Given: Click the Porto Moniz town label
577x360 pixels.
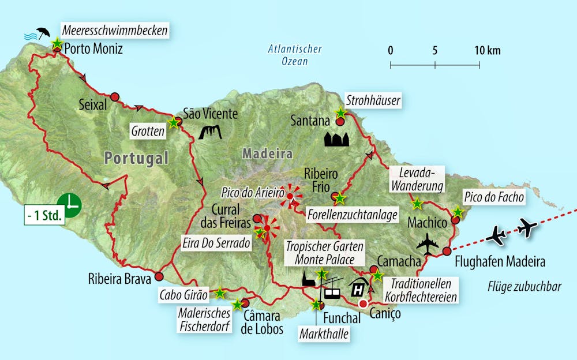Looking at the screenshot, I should tap(94, 48).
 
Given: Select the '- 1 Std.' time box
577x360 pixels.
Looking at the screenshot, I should tap(44, 219).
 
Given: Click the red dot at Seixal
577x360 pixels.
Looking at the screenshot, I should tap(115, 97).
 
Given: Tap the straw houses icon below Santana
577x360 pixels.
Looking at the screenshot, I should tap(337, 139).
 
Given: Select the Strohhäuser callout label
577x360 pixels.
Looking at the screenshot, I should tap(373, 101).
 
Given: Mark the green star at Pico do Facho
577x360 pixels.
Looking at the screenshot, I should tap(457, 212).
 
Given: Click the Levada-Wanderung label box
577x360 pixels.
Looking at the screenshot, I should tap(417, 179).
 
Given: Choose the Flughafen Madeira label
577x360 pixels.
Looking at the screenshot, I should tap(499, 262).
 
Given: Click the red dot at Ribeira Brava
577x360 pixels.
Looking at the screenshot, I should tap(159, 276).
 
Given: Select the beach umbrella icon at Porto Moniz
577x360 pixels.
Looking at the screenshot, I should tap(42, 32).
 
